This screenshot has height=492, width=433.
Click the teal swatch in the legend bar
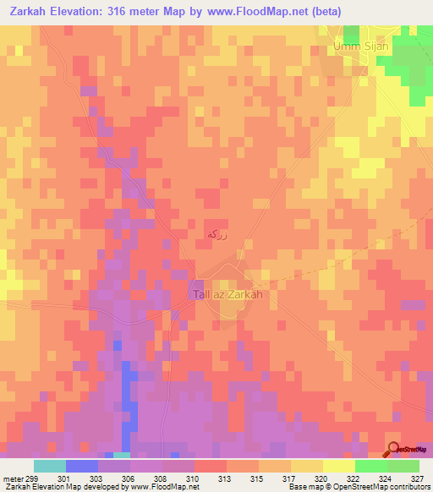pyautogui.click(x=49, y=466)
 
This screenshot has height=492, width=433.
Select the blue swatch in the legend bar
pyautogui.click(x=81, y=466)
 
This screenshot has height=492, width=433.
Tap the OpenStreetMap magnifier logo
pyautogui.click(x=395, y=449)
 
